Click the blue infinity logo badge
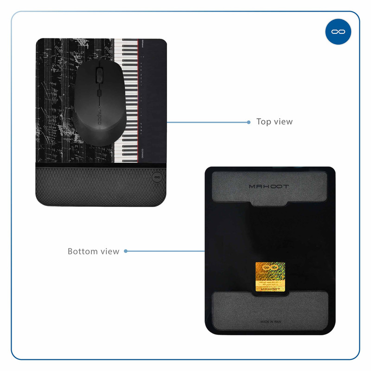[x=338, y=32]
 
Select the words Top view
[x=275, y=122]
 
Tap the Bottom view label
[x=93, y=251]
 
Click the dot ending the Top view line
[x=249, y=122]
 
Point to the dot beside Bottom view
[x=126, y=251]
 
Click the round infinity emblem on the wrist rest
[x=156, y=177]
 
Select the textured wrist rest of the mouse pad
[x=93, y=185]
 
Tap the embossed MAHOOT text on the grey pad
[x=269, y=186]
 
